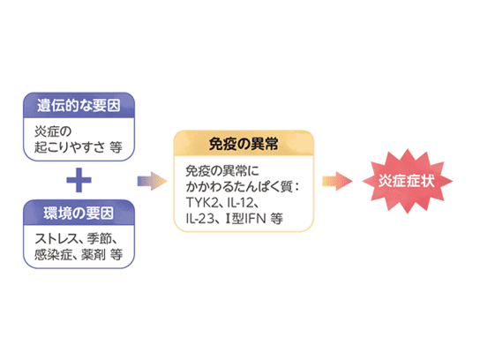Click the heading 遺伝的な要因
[x=79, y=105]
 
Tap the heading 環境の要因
[x=79, y=213]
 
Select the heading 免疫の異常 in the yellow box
[x=244, y=144]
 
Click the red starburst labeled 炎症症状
[x=407, y=181]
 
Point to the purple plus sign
[x=79, y=180]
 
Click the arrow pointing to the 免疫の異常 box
[x=152, y=181]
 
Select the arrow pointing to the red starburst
[x=337, y=181]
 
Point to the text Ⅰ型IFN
[x=245, y=219]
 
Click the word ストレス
[x=56, y=239]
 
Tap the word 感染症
[x=53, y=254]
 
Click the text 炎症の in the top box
[x=53, y=131]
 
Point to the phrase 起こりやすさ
[x=70, y=147]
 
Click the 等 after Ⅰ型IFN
[x=277, y=219]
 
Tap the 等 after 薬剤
[x=116, y=254]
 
